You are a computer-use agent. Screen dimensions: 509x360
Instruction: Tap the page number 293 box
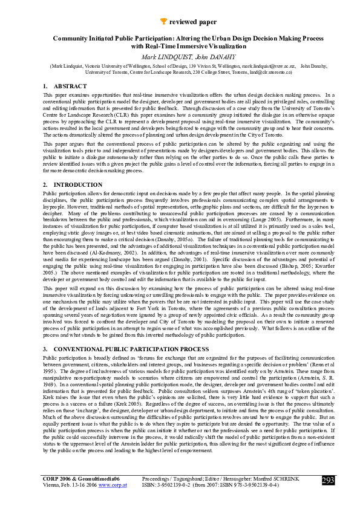(x=329, y=481)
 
